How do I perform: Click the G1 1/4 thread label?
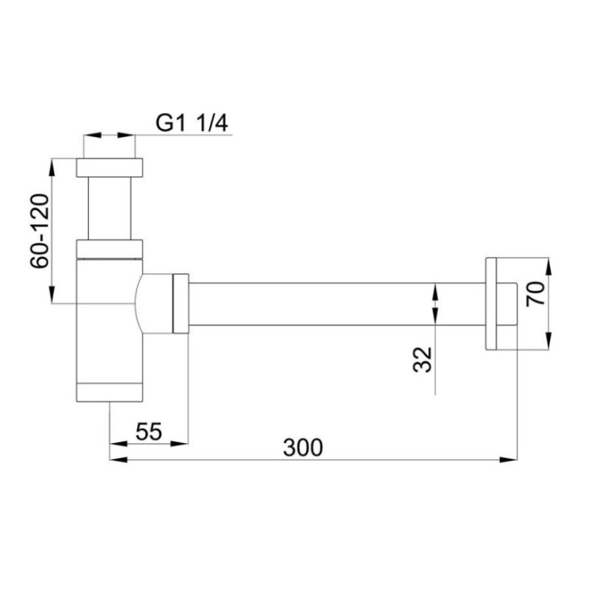click(x=193, y=122)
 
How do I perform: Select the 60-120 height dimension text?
click(x=40, y=232)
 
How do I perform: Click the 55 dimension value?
click(x=149, y=431)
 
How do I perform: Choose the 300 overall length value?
click(x=302, y=447)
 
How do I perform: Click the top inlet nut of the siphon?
click(x=109, y=166)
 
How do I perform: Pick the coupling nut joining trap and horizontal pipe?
click(x=180, y=303)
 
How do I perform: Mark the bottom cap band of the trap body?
click(x=109, y=393)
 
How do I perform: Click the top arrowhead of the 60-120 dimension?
click(x=51, y=163)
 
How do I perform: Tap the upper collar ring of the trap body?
click(x=109, y=248)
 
